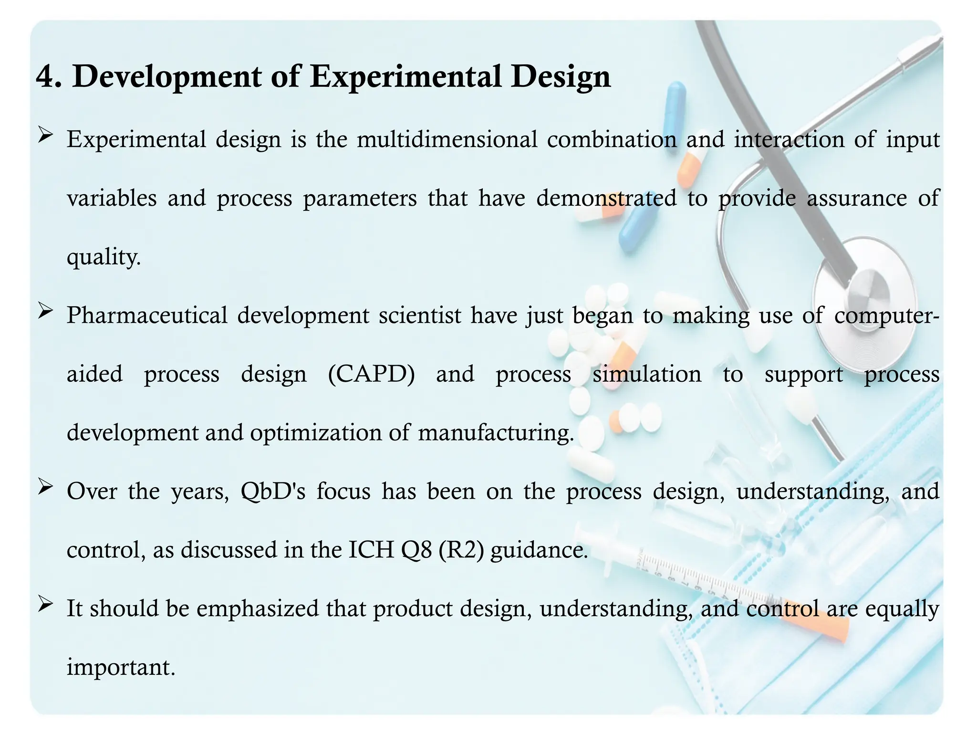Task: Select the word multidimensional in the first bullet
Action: pyautogui.click(x=447, y=140)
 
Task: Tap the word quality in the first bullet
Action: pyautogui.click(x=103, y=258)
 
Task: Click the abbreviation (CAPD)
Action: pyautogui.click(x=372, y=374)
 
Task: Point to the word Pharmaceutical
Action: pyautogui.click(x=147, y=316)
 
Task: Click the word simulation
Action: pyautogui.click(x=646, y=374)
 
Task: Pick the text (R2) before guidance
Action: pyautogui.click(x=461, y=550)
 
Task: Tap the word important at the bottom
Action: pyautogui.click(x=121, y=667)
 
